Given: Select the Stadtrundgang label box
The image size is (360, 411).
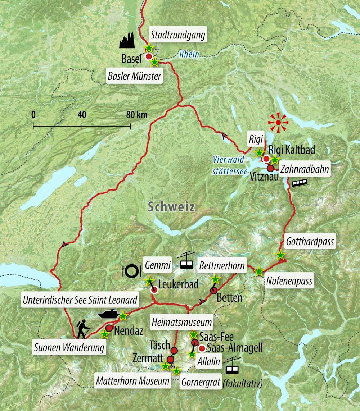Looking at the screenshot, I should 178,35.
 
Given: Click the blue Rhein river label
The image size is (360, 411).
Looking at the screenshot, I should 189,55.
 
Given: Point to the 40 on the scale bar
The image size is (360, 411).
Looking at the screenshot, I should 82,115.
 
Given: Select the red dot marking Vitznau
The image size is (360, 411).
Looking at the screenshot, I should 270,168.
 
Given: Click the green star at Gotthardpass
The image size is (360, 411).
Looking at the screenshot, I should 280,255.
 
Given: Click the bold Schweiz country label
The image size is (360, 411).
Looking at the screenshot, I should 171,207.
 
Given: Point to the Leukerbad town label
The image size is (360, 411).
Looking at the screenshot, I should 179,285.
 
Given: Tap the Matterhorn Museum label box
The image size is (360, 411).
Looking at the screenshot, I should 133,381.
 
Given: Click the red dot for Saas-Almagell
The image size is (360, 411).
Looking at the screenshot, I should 202,348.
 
